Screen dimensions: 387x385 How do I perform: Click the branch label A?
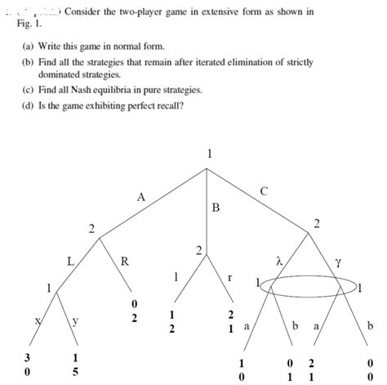(x=140, y=196)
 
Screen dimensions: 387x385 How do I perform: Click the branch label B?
(x=215, y=208)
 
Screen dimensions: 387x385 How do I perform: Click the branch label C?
(x=263, y=190)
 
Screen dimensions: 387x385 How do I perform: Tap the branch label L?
(x=71, y=262)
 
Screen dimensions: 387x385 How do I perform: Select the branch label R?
(x=124, y=262)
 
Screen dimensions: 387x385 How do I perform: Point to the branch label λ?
(x=279, y=262)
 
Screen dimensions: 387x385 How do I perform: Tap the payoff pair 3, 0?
(x=29, y=365)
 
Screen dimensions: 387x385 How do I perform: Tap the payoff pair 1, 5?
(x=75, y=365)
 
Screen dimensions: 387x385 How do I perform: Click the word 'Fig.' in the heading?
(x=25, y=25)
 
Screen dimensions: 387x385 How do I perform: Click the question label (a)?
(x=29, y=47)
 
